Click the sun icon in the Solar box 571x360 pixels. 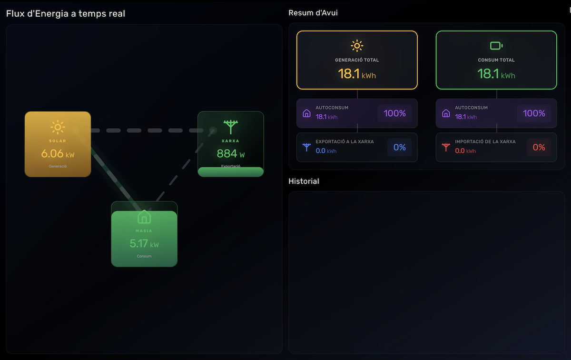pyautogui.click(x=58, y=127)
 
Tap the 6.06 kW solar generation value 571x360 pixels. pyautogui.click(x=58, y=154)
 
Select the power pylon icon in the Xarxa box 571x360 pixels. pyautogui.click(x=230, y=127)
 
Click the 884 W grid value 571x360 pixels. pyautogui.click(x=230, y=154)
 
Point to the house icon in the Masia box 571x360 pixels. pyautogui.click(x=144, y=217)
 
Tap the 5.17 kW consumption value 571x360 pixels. pyautogui.click(x=144, y=244)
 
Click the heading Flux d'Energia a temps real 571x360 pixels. pyautogui.click(x=66, y=14)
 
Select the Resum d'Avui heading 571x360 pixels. pyautogui.click(x=313, y=13)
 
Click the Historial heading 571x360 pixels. pyautogui.click(x=304, y=181)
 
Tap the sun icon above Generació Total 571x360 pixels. pyautogui.click(x=357, y=46)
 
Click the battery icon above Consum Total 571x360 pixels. pyautogui.click(x=496, y=46)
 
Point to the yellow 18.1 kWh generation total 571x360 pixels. pyautogui.click(x=357, y=74)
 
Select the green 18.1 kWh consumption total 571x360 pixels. pyautogui.click(x=496, y=74)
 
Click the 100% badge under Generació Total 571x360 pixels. pyautogui.click(x=394, y=113)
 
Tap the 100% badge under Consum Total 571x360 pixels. pyautogui.click(x=534, y=113)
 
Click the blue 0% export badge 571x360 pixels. pyautogui.click(x=399, y=148)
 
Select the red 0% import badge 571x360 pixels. pyautogui.click(x=539, y=148)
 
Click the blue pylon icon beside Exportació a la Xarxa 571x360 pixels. pyautogui.click(x=306, y=147)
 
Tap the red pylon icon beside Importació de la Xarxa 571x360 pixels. pyautogui.click(x=446, y=147)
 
